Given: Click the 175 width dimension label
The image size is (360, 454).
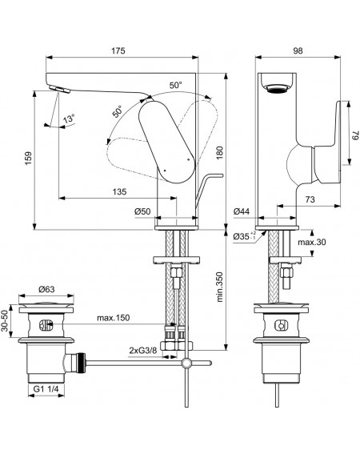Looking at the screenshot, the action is coord(118,50).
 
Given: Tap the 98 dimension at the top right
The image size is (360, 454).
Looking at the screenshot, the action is coord(298,50).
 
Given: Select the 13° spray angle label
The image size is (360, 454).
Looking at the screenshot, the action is coord(69,119).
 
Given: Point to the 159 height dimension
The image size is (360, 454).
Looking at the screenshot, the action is coord(28,158).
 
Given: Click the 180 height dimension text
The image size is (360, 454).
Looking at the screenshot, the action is coord(220,153).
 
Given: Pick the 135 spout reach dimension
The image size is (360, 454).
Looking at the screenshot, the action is coord(119,191).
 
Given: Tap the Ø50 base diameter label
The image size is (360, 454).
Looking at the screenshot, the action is coord(142,211).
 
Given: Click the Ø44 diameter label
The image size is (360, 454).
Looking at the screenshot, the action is coord(242,211).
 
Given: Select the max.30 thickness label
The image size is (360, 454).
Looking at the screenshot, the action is coord(312,242).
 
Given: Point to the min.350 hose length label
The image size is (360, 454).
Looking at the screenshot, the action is coord(220,287).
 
